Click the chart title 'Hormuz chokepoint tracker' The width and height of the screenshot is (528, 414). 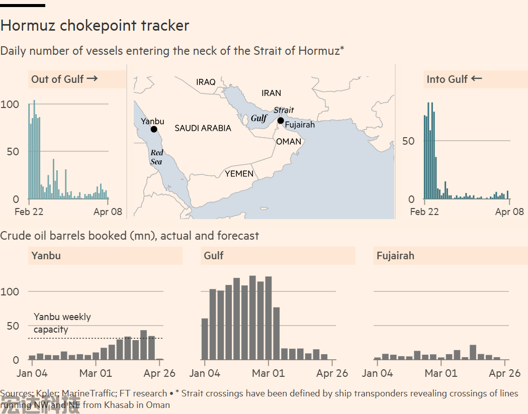[95, 26]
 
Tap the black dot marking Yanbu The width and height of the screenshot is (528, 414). [154, 129]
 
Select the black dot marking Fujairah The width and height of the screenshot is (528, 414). [281, 120]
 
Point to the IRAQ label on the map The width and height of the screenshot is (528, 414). [206, 82]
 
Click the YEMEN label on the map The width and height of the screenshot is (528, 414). [239, 174]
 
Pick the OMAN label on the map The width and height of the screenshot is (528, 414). [289, 142]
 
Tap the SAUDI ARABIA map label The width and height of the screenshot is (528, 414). [203, 129]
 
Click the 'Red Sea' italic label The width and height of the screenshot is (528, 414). [156, 157]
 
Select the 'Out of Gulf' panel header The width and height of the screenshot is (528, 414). [64, 79]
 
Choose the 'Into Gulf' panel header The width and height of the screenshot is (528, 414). [454, 79]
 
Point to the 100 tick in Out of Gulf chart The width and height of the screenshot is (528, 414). [10, 105]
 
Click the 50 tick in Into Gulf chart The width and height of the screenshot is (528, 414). [408, 141]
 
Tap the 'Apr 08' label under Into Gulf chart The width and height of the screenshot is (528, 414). [509, 212]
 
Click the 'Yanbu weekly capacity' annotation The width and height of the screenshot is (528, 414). [62, 323]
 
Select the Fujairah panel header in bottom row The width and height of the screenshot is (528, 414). [395, 256]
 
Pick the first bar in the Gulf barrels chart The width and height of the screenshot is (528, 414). [205, 339]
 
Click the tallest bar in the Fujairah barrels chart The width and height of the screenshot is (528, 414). [473, 352]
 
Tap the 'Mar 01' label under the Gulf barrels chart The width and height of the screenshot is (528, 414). [268, 373]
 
